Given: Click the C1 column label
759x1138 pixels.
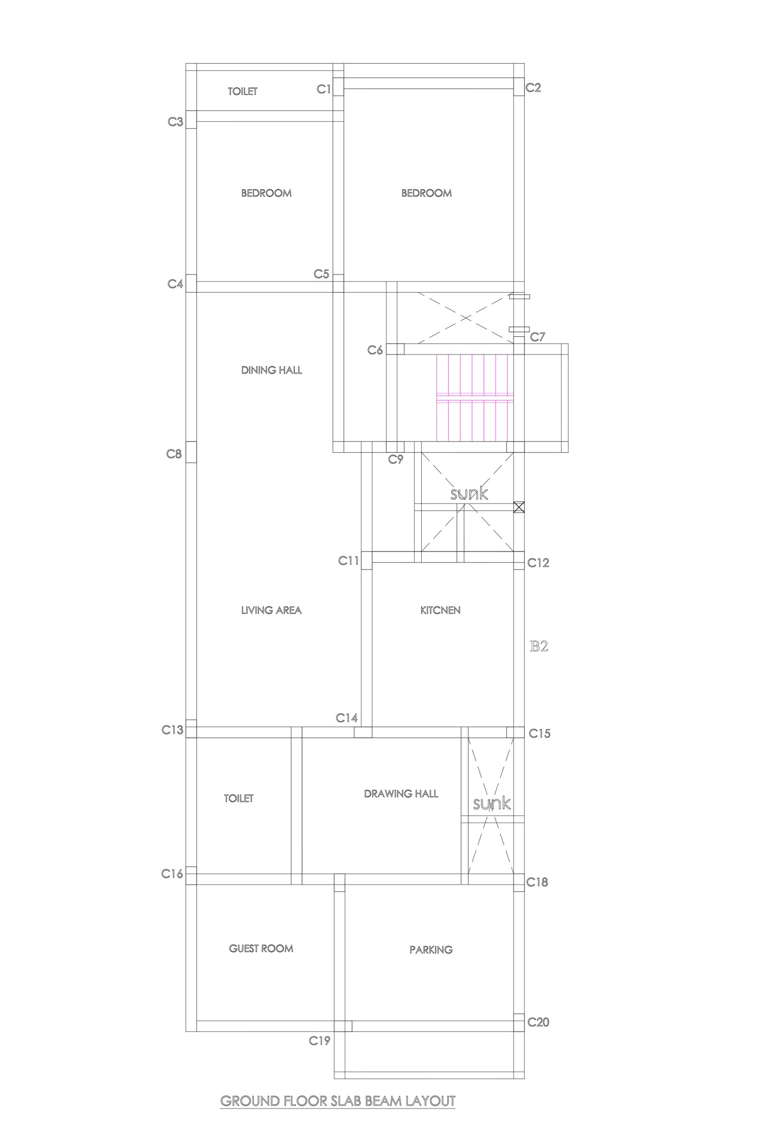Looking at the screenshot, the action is (x=324, y=89).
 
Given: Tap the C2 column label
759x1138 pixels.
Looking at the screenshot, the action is (x=533, y=88).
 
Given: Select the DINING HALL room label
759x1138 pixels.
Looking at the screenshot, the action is (x=271, y=370).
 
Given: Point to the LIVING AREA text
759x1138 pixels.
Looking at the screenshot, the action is (x=271, y=610).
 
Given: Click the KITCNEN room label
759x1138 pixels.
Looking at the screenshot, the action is (x=441, y=610).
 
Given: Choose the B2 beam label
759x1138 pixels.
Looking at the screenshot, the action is (x=539, y=646).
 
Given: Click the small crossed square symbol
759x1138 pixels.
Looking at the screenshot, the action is (x=519, y=507).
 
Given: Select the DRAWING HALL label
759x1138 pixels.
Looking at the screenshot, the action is (x=401, y=793).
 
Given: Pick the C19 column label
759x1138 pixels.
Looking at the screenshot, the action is (x=320, y=1041).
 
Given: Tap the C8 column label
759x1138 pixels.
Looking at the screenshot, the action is (x=174, y=454).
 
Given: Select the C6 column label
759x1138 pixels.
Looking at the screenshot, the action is (x=375, y=350).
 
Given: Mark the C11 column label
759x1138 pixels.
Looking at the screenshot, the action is (x=349, y=561).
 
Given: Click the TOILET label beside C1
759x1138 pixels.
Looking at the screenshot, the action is (x=243, y=92).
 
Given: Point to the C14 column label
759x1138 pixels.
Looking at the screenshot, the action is (x=347, y=718).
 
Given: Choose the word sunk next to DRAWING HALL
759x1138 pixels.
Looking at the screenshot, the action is (x=492, y=804).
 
